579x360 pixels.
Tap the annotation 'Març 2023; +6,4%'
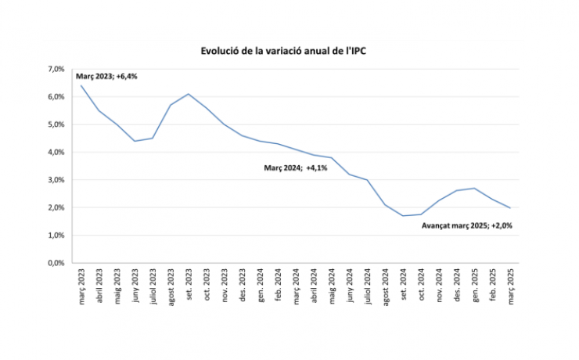coord(107,76)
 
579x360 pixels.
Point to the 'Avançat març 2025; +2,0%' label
coord(467,225)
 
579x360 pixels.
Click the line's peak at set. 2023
coord(189,94)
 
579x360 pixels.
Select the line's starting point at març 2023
coord(81,85)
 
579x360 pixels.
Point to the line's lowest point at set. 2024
coord(404,216)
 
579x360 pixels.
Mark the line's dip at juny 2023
coord(135,141)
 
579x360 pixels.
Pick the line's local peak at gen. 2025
coord(475,188)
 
